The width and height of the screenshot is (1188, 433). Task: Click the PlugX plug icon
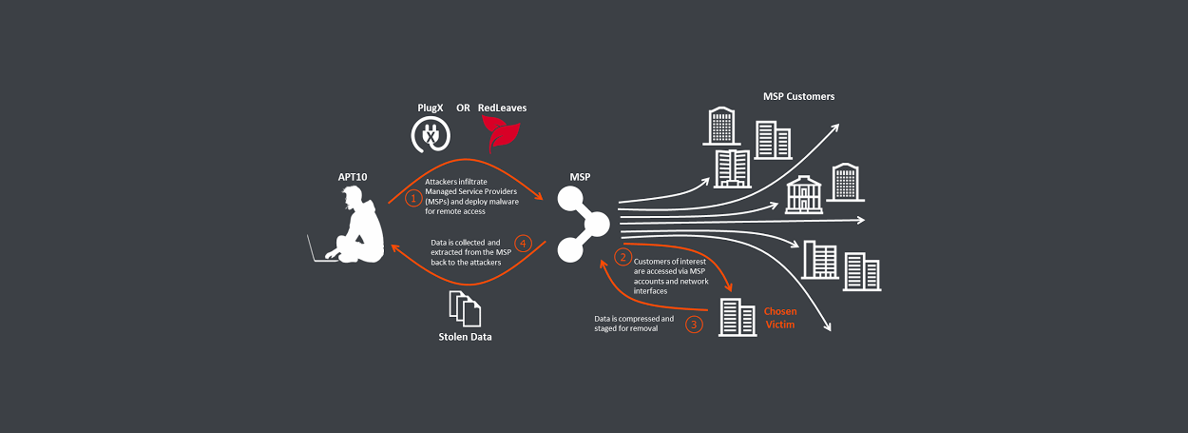pyautogui.click(x=430, y=136)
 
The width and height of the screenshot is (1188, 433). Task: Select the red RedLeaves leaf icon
pyautogui.click(x=500, y=134)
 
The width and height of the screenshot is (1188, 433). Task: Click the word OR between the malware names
pyautogui.click(x=463, y=108)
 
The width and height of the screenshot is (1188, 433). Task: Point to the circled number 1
pyautogui.click(x=412, y=199)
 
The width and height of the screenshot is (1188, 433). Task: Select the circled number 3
pyautogui.click(x=695, y=325)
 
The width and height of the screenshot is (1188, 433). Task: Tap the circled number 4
pyautogui.click(x=522, y=242)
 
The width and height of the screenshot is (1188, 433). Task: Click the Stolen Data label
pyautogui.click(x=466, y=337)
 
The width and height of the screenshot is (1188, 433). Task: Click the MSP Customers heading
pyautogui.click(x=798, y=96)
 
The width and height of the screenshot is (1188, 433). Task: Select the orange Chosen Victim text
pyautogui.click(x=780, y=318)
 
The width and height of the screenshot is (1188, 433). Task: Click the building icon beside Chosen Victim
pyautogui.click(x=730, y=317)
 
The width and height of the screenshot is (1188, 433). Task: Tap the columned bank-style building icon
pyautogui.click(x=803, y=195)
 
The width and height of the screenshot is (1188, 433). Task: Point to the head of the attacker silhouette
pyautogui.click(x=353, y=197)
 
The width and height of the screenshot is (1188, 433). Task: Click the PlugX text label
pyautogui.click(x=431, y=108)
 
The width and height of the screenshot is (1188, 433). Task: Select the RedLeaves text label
pyautogui.click(x=502, y=108)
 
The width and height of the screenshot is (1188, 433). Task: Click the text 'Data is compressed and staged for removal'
pyautogui.click(x=634, y=325)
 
